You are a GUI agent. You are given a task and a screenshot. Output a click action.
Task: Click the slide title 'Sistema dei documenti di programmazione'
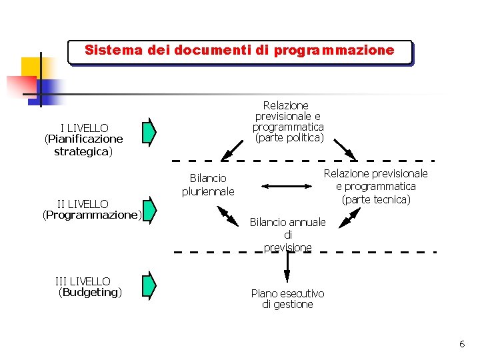click(x=239, y=51)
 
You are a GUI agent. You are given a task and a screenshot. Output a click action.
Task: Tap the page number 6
click(x=461, y=344)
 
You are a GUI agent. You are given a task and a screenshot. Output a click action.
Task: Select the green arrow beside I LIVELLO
click(x=150, y=131)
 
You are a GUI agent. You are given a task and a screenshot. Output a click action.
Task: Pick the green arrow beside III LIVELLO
click(x=150, y=285)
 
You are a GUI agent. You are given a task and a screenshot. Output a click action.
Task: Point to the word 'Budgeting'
click(x=91, y=293)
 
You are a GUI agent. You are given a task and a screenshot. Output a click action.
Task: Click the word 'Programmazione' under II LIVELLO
click(x=92, y=215)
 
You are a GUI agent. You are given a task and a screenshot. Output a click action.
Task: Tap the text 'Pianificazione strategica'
click(x=83, y=145)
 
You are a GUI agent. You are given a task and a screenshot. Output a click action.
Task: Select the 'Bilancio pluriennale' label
click(x=208, y=185)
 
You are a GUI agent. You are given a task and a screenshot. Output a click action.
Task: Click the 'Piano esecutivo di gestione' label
click(x=287, y=299)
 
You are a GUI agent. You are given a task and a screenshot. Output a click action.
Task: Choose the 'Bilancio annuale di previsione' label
click(x=287, y=235)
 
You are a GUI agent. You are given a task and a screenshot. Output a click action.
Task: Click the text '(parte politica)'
click(x=288, y=138)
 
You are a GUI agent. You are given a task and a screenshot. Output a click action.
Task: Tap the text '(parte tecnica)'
click(x=376, y=199)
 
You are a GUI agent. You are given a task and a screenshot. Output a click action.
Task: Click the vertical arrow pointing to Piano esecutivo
click(x=287, y=267)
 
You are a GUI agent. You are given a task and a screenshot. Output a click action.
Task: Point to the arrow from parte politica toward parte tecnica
click(x=345, y=149)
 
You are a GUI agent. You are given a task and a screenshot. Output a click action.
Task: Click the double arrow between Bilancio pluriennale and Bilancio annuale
click(x=229, y=215)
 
